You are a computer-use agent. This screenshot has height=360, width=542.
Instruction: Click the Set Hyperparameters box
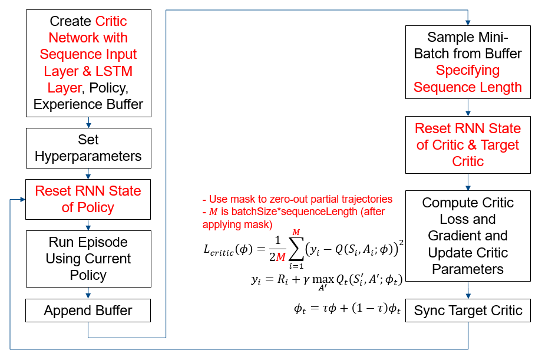point(88,148)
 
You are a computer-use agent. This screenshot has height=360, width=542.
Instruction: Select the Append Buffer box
point(88,311)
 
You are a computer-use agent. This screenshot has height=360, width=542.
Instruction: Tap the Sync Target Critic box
point(468,311)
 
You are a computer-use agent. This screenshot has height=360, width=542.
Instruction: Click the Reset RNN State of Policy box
point(88,199)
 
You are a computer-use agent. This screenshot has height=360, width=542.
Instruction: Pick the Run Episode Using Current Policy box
point(88,259)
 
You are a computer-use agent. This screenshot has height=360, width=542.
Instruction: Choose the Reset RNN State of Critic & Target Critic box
point(468,145)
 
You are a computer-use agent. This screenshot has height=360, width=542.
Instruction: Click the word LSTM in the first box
point(114,71)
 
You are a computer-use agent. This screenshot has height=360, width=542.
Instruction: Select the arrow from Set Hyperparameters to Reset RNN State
point(88,173)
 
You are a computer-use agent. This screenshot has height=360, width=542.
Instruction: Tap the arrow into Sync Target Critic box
point(468,292)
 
